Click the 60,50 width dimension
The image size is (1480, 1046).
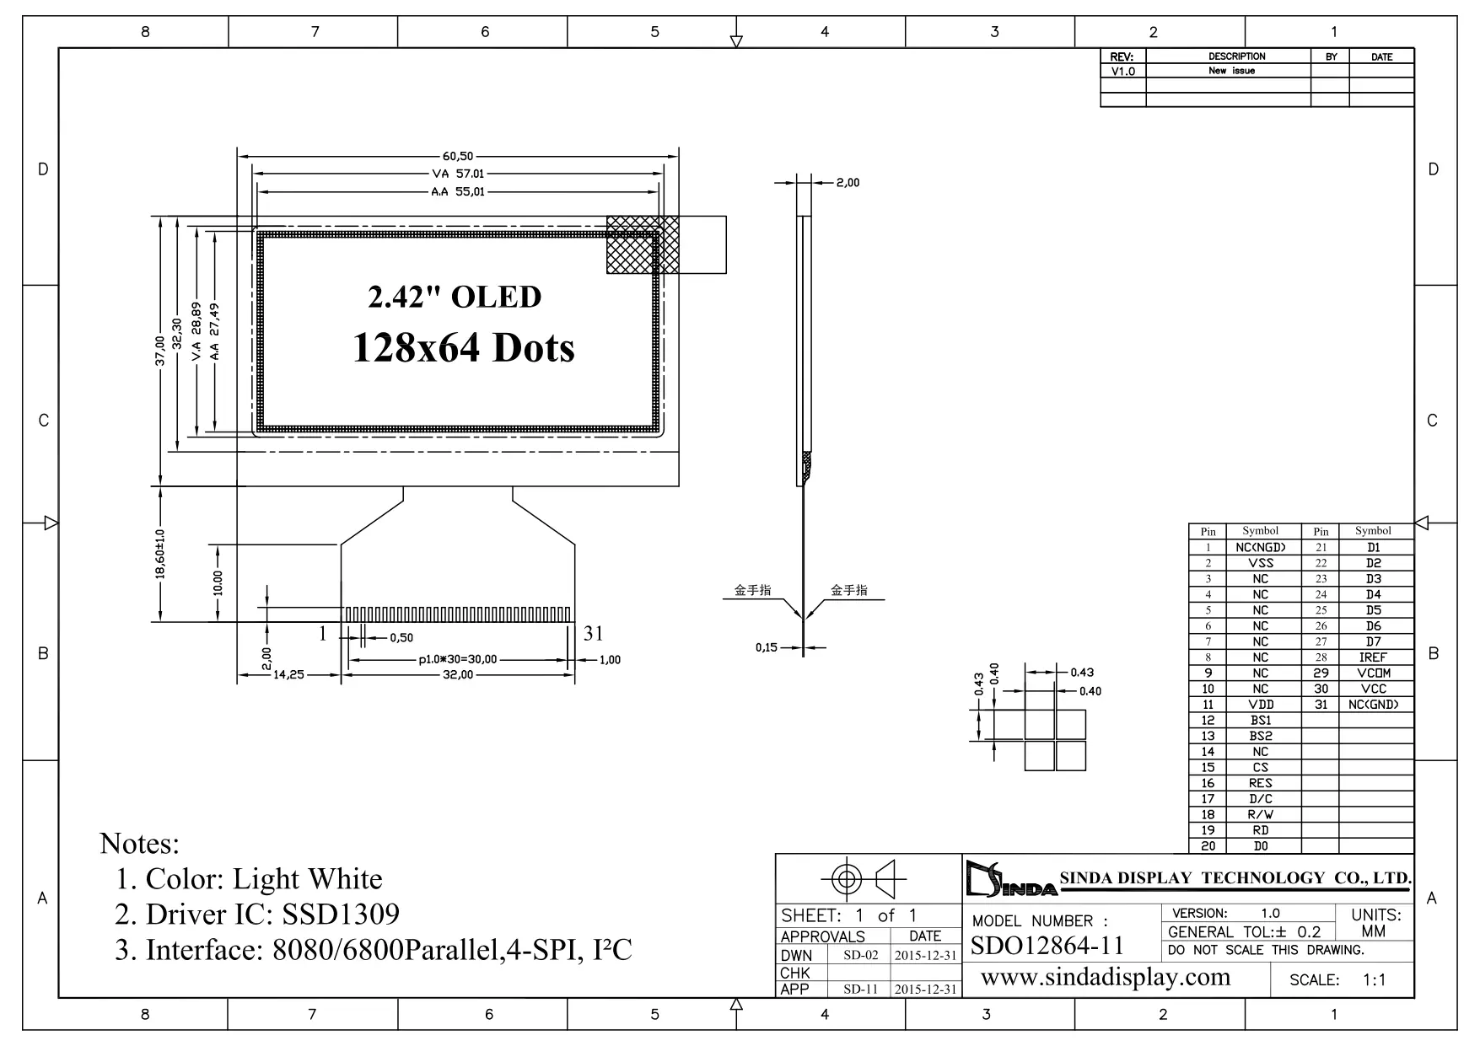pyautogui.click(x=458, y=156)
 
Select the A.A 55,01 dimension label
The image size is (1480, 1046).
pyautogui.click(x=458, y=192)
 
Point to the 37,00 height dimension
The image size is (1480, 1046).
pyautogui.click(x=159, y=351)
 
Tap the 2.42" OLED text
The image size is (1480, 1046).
pyautogui.click(x=455, y=297)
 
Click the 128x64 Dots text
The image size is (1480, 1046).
pyautogui.click(x=463, y=347)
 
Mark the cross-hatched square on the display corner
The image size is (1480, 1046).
pyautogui.click(x=643, y=244)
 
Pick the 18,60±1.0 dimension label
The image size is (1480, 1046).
pyautogui.click(x=160, y=555)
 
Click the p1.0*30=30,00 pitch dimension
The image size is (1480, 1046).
pyautogui.click(x=458, y=660)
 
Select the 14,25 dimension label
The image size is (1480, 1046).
pyautogui.click(x=288, y=675)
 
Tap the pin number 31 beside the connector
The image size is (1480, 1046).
pyautogui.click(x=594, y=634)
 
